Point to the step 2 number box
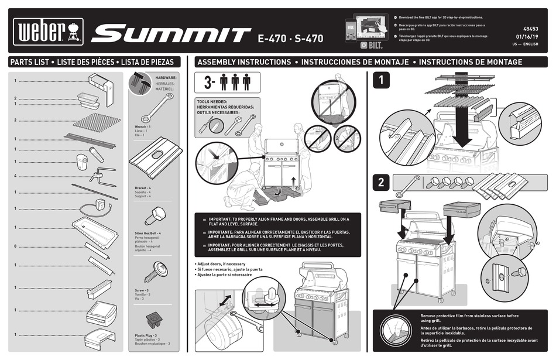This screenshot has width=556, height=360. click(381, 182)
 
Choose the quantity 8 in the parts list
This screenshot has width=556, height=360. click(15, 246)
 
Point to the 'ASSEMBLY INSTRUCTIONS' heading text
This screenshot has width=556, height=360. click(244, 61)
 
